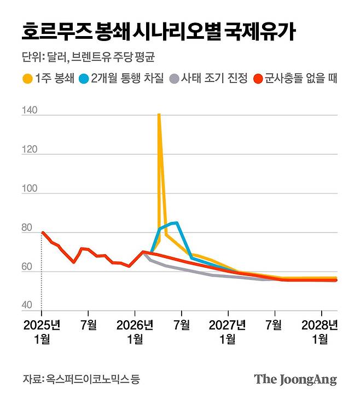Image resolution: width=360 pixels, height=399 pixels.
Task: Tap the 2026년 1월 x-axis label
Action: pos(135,332)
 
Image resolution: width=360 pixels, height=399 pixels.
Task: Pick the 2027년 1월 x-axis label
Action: pos(228,332)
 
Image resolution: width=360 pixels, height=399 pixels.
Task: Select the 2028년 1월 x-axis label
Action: pos(320,332)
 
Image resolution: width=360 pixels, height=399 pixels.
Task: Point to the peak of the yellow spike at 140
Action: pos(159,115)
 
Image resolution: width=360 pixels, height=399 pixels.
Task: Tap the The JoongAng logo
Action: pos(295,380)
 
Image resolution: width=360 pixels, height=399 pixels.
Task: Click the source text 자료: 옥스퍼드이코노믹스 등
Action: pos(80,379)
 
